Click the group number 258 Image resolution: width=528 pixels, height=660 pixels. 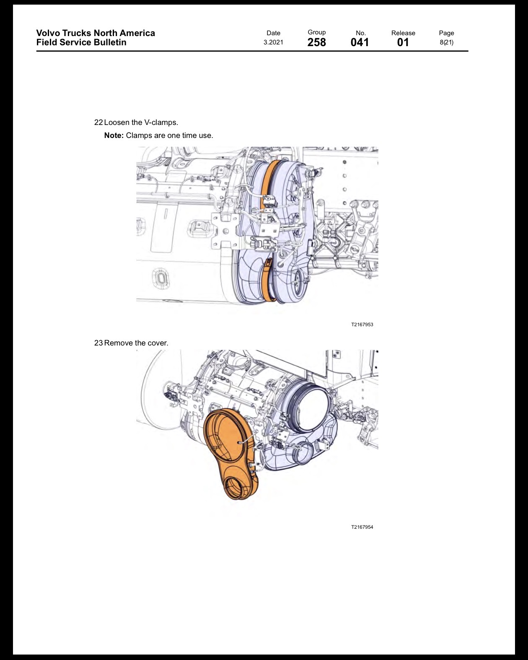point(316,42)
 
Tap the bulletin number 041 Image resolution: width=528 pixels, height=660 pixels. point(360,42)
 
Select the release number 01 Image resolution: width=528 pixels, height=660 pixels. point(403,42)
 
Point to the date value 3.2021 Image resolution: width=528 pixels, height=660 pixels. point(273,42)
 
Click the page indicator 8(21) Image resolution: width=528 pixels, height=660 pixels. point(446,42)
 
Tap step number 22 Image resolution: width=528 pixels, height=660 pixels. point(98,122)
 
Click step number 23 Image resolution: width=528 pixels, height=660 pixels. point(98,343)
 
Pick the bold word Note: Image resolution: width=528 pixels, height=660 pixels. point(114,135)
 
